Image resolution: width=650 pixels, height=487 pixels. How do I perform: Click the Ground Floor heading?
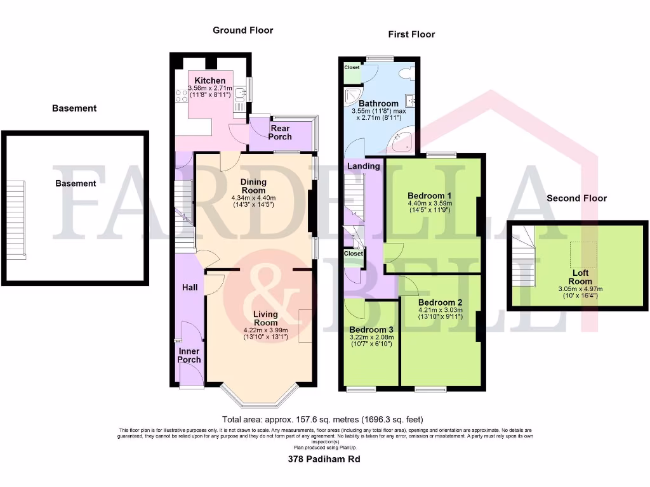(242, 30)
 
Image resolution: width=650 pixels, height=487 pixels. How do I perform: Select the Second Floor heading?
(576, 198)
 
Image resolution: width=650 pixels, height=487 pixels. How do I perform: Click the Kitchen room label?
(209, 81)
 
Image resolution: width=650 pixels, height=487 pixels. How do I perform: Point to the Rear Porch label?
(280, 133)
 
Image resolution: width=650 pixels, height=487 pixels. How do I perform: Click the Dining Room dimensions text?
(253, 201)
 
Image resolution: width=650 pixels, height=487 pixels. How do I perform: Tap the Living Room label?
(265, 318)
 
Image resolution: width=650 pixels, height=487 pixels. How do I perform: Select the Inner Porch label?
(189, 355)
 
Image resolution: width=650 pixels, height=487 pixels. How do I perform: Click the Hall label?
(189, 287)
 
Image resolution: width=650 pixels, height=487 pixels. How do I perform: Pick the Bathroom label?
(378, 103)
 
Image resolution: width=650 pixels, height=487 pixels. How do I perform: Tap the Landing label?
(364, 166)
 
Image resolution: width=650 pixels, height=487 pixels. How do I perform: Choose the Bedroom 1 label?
(430, 195)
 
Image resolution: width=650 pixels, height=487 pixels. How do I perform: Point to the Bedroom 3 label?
(371, 330)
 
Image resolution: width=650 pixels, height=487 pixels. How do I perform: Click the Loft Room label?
(580, 277)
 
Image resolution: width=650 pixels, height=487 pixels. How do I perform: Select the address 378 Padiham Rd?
(324, 458)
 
